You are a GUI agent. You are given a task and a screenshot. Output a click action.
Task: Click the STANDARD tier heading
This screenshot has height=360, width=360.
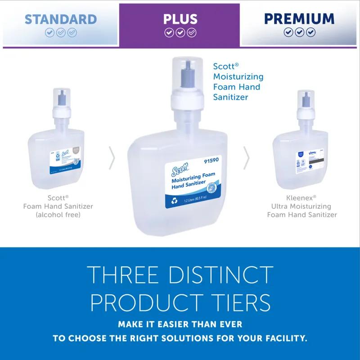(x=60, y=19)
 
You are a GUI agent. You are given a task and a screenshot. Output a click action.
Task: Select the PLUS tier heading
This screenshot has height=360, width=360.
(x=180, y=19)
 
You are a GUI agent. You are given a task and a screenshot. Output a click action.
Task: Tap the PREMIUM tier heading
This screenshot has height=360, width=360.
(x=299, y=18)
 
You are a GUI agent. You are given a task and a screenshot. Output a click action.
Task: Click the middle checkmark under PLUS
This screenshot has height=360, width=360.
(x=180, y=33)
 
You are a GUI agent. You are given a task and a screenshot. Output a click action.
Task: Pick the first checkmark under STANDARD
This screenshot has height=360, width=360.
(x=49, y=33)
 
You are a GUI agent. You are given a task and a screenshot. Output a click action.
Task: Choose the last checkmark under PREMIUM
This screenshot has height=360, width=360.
(x=310, y=32)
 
